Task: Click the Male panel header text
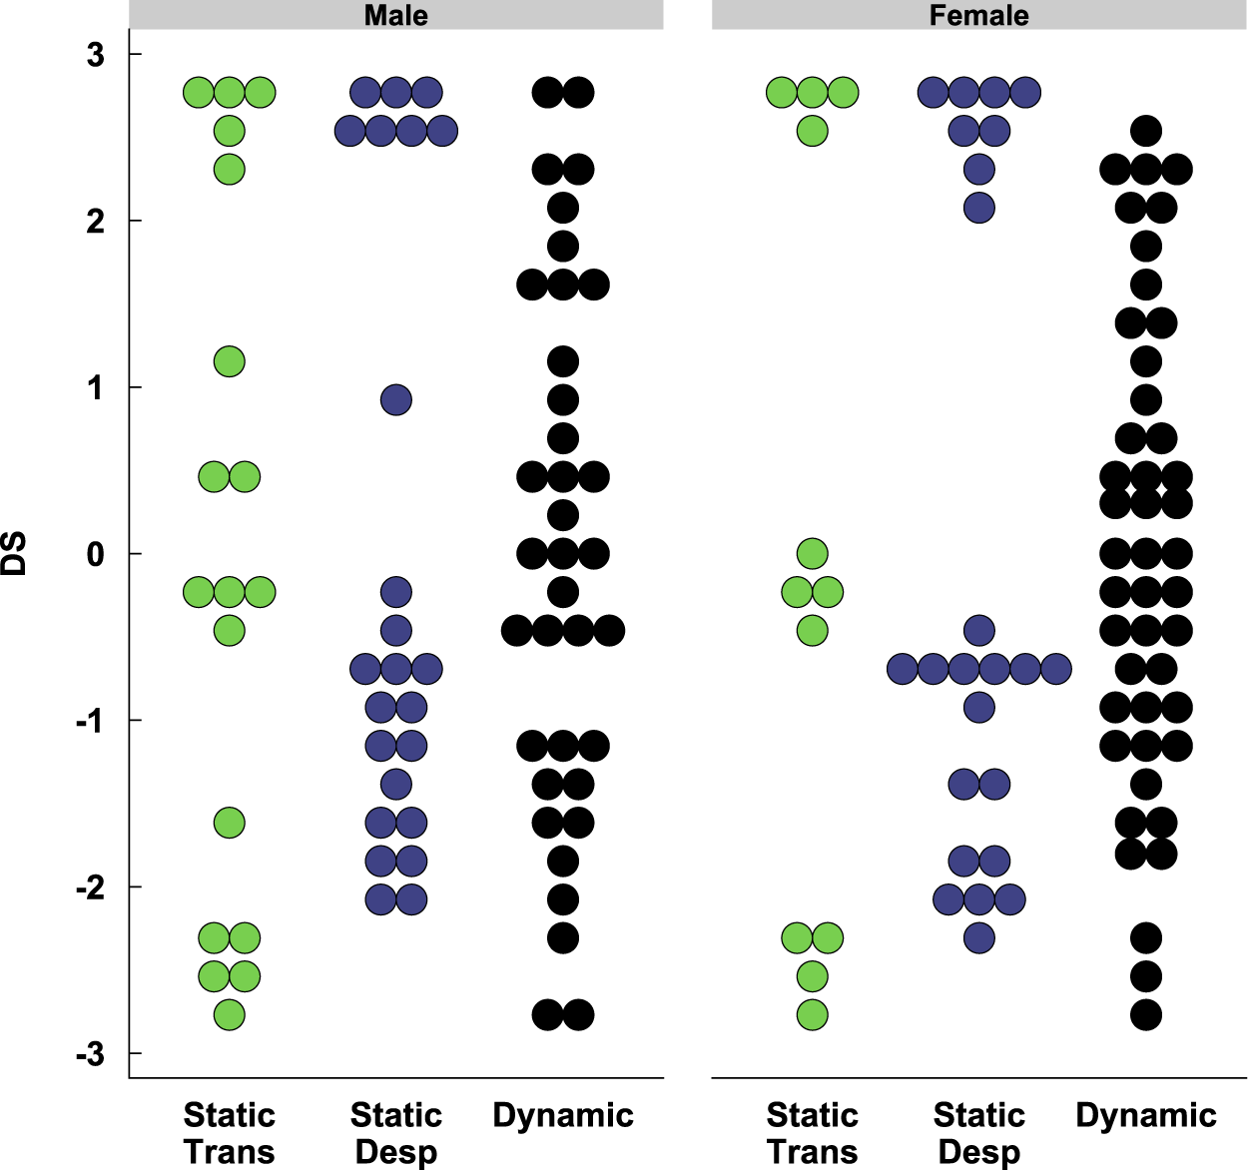click(395, 15)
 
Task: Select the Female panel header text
click(978, 15)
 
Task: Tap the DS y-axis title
click(14, 554)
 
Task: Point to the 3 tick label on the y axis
click(95, 55)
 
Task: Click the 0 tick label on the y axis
click(95, 554)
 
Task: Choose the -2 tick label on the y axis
click(90, 887)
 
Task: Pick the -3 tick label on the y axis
click(90, 1054)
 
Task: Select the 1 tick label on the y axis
click(95, 387)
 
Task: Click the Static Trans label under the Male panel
click(229, 1132)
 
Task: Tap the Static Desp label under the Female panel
click(978, 1132)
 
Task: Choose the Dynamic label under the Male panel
click(563, 1115)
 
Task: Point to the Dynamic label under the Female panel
click(1145, 1115)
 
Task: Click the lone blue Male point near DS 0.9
click(396, 400)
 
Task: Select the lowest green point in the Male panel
click(230, 1015)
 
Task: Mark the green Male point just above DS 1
click(230, 361)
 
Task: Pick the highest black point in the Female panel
click(1146, 131)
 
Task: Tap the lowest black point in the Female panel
click(1146, 1015)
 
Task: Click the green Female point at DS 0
click(813, 553)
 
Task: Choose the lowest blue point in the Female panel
click(979, 938)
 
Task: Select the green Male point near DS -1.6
click(230, 823)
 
